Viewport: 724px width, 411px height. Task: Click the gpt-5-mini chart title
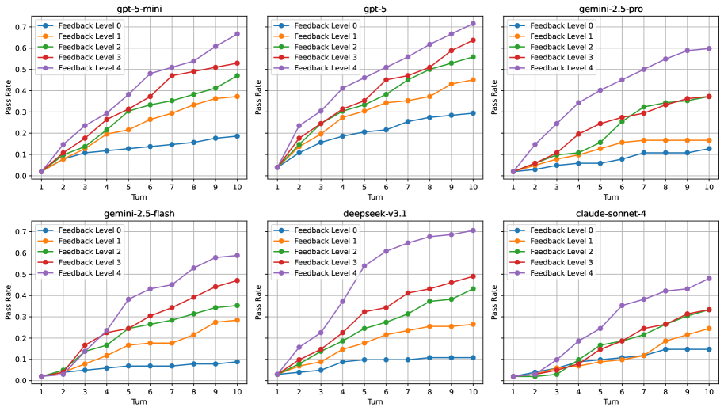[x=139, y=10]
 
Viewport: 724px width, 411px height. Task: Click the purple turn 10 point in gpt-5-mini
[x=237, y=34]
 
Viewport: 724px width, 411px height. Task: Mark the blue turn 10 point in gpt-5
[x=473, y=112]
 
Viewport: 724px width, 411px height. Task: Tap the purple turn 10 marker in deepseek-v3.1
[x=473, y=230]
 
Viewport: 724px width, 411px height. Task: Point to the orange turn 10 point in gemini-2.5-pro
[x=709, y=140]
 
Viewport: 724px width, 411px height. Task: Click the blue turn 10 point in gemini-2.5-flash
[x=237, y=361]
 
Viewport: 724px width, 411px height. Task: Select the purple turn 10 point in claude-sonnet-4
[x=709, y=279]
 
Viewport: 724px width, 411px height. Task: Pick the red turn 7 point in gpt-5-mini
[x=171, y=75]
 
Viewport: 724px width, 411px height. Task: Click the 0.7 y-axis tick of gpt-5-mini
[x=25, y=27]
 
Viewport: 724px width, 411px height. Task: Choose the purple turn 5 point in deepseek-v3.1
[x=364, y=266]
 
